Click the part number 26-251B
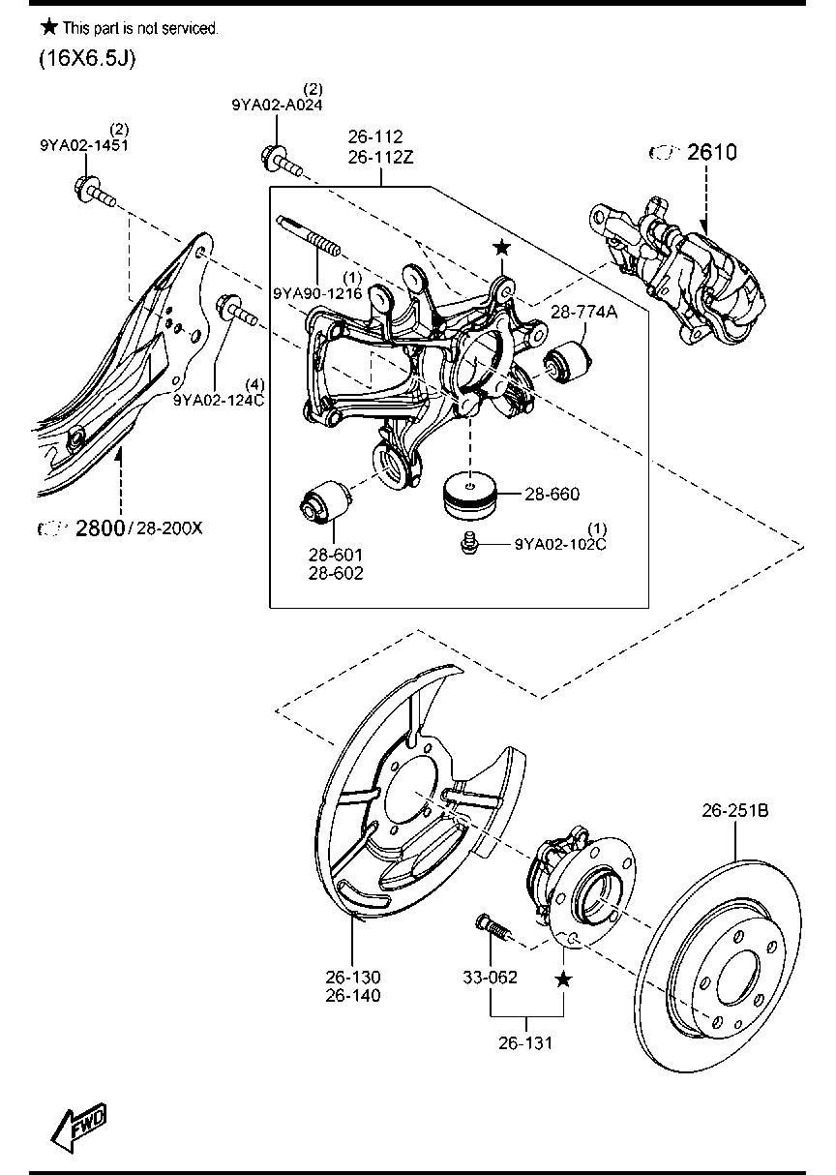click(x=735, y=810)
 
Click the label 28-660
click(x=552, y=494)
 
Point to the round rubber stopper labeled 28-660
click(x=470, y=496)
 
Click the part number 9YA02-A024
click(x=277, y=105)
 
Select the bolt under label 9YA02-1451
click(x=95, y=192)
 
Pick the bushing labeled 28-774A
click(x=568, y=361)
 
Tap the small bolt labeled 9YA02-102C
click(x=468, y=543)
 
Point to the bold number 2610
click(x=712, y=152)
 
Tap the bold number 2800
click(x=101, y=527)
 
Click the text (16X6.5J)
click(x=87, y=59)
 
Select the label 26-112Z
click(x=381, y=157)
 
